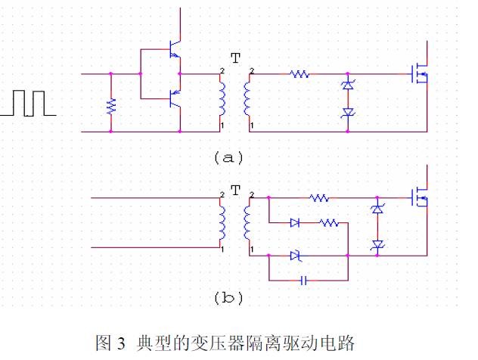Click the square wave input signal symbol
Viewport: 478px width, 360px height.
coord(28,103)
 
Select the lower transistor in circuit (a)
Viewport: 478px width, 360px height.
coord(175,97)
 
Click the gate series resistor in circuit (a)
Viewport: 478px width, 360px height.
coord(300,74)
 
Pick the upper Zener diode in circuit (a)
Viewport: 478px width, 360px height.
coord(348,86)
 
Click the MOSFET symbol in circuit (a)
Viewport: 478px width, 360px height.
coord(418,74)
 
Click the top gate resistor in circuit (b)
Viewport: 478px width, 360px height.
coord(319,198)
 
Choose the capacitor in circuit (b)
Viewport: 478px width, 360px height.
coord(304,280)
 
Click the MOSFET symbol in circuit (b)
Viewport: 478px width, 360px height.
coord(418,198)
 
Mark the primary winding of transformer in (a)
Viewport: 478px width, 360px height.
coord(222,98)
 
